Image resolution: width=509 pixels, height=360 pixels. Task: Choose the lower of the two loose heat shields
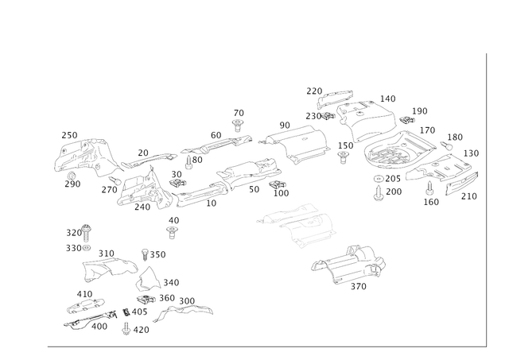point(350,266)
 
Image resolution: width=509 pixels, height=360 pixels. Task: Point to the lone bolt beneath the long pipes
point(170,230)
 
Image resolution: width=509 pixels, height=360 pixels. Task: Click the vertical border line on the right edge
point(484,199)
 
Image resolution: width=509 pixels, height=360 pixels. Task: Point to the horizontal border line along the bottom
point(262,346)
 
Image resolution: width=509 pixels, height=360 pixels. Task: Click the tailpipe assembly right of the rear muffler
point(453,175)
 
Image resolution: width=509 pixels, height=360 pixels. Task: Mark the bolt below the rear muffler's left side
point(379,188)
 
